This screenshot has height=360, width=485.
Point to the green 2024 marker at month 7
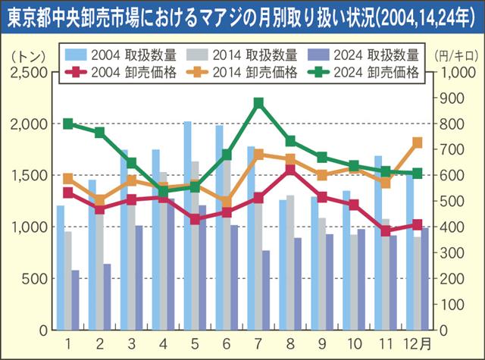point(259,103)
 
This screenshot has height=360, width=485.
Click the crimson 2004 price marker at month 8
point(290,170)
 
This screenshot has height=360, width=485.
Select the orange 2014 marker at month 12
point(417,142)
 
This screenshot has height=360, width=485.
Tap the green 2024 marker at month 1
point(68,124)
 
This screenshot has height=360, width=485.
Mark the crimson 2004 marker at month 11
point(386,231)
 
